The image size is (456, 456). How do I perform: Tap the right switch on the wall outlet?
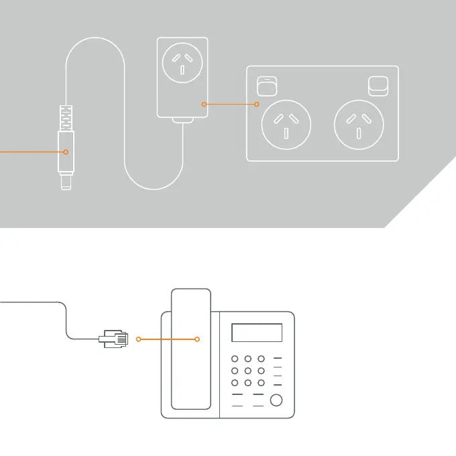coord(379,87)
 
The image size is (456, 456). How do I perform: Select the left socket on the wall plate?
coord(286,125)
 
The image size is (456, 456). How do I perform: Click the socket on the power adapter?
coord(182,62)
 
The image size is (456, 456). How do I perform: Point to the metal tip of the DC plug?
coord(66,182)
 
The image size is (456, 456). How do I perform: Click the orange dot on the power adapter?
coord(204,104)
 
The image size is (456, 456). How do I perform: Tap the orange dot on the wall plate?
coord(258,104)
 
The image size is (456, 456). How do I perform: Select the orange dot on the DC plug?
coord(66,152)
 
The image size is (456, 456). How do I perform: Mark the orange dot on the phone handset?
coord(197,339)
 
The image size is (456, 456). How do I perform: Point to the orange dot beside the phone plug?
coord(138,339)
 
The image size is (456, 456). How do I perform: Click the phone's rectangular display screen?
coord(257,333)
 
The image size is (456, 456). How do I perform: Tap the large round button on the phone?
coord(275,401)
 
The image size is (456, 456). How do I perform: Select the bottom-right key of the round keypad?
coord(261,383)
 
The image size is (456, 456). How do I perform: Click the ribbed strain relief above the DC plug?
coord(66,117)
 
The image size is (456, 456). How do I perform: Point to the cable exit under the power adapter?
coord(182,122)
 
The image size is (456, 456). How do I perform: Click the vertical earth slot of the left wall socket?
coord(286,132)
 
